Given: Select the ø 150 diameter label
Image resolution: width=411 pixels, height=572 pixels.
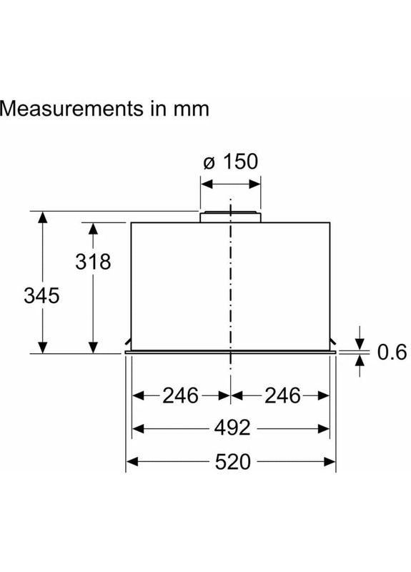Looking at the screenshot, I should pos(230,161).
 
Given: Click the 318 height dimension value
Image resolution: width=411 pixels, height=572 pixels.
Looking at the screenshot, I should pos(93,262).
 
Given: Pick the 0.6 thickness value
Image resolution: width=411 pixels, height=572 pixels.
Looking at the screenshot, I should pos(391,352).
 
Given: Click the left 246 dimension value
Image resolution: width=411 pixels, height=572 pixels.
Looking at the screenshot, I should pos(179,395).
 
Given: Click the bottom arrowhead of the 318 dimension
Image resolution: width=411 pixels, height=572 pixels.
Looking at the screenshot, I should pos(93,347).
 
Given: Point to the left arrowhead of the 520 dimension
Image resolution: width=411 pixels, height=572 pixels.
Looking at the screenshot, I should pos(132,462).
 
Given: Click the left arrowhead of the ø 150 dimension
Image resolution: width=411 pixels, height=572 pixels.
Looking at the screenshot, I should pos(205,184).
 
